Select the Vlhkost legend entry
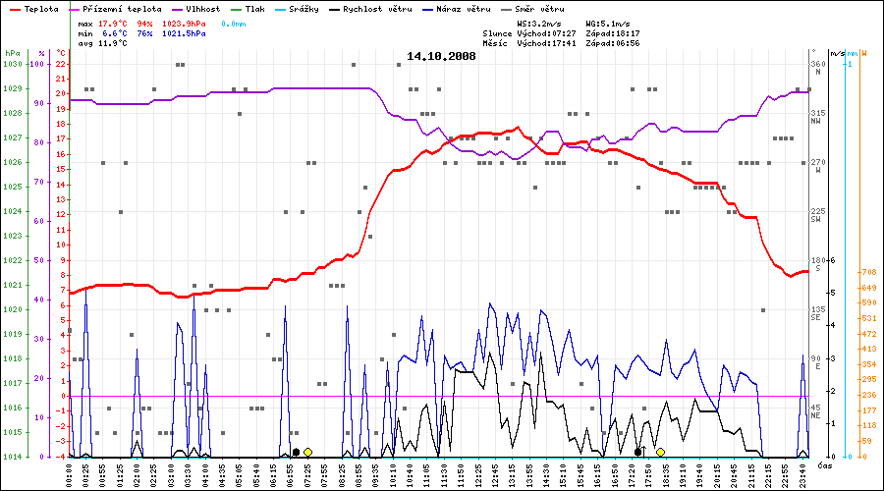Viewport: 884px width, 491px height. pyautogui.click(x=206, y=9)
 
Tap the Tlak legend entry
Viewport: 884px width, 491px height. pyautogui.click(x=262, y=9)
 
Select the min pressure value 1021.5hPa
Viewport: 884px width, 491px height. pyautogui.click(x=184, y=33)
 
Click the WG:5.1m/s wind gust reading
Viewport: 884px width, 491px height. pyautogui.click(x=608, y=23)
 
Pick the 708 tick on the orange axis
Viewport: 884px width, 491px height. pyautogui.click(x=868, y=272)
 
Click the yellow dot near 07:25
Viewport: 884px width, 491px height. pyautogui.click(x=308, y=452)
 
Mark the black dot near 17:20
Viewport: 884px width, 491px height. pyautogui.click(x=638, y=452)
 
